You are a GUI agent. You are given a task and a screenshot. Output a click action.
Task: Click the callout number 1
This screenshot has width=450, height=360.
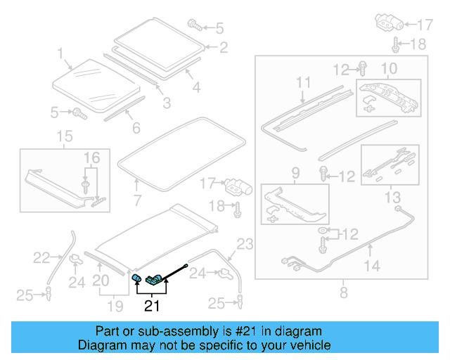coord(60,53)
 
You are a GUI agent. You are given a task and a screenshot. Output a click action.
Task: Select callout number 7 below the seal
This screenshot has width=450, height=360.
coord(137,188)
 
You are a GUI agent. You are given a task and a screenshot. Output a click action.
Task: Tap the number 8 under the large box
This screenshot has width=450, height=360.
coord(342,290)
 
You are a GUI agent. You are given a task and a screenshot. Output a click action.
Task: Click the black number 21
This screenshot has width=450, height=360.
coord(152,305)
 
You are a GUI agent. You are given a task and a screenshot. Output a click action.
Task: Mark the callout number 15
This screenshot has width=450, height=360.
coord(64,136)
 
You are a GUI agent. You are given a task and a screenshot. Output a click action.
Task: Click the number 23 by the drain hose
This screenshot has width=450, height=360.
coord(244,245)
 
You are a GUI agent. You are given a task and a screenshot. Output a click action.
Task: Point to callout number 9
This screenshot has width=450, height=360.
coord(295,172)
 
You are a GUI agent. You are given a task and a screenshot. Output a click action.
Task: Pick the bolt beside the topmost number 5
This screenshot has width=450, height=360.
coord(195,27)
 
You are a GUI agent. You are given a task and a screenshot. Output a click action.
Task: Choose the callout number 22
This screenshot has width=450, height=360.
coord(41,258)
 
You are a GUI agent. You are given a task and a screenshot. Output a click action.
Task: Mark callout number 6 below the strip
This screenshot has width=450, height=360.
coord(136,127)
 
